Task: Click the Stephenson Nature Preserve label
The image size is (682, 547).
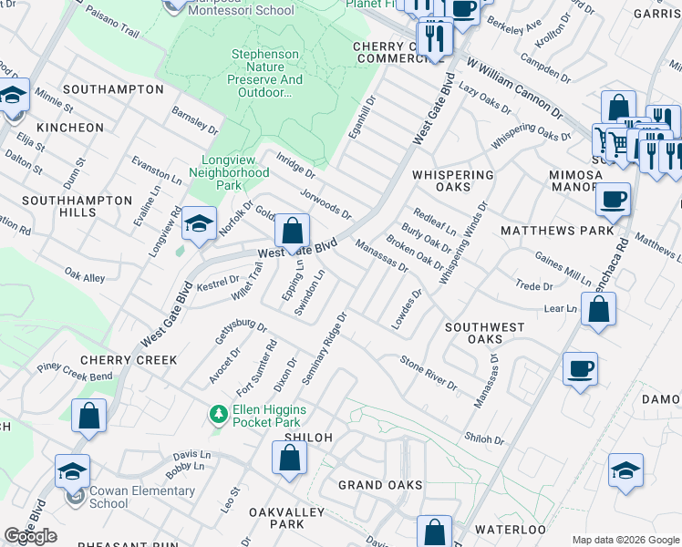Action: [x=265, y=74]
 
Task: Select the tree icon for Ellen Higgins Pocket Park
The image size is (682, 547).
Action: [x=218, y=415]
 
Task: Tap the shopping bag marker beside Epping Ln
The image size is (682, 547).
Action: [x=292, y=232]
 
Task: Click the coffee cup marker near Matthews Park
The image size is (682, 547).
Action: [x=613, y=199]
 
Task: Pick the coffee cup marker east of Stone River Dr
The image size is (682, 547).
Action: [x=580, y=370]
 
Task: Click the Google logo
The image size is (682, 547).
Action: [x=31, y=535]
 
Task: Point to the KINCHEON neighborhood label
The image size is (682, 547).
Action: [x=71, y=128]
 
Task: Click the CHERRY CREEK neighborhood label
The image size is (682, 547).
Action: [x=129, y=360]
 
